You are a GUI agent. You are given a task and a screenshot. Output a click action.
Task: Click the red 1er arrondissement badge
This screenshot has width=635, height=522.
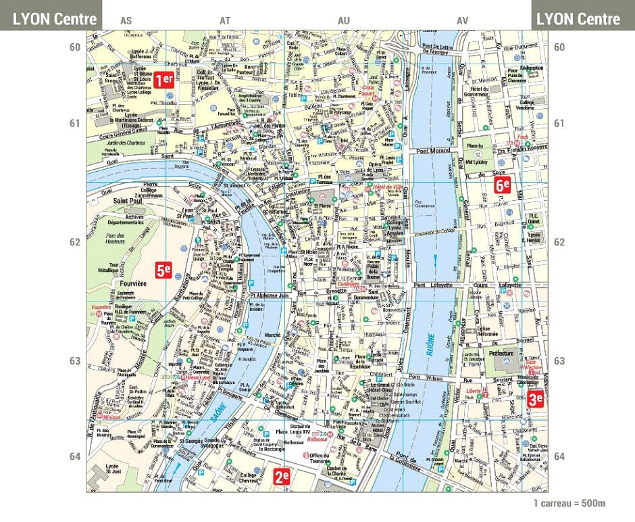[x=163, y=80]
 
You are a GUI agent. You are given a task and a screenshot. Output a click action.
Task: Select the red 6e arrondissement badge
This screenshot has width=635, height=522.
[x=501, y=185]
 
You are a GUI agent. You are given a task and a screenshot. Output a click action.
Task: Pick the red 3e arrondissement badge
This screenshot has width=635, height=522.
[x=536, y=399]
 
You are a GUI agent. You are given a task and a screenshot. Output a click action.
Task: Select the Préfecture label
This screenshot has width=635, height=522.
[x=501, y=353]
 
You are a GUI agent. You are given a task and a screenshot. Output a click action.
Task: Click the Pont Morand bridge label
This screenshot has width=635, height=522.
[x=434, y=150]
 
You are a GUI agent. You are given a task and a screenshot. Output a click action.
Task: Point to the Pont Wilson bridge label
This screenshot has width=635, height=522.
[x=426, y=377]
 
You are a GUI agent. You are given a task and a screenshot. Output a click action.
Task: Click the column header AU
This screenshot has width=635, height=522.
[x=343, y=21]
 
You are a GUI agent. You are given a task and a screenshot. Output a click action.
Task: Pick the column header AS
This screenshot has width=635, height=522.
[x=126, y=21]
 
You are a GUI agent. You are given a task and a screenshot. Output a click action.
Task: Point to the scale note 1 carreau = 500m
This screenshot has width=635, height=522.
[x=569, y=503]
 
